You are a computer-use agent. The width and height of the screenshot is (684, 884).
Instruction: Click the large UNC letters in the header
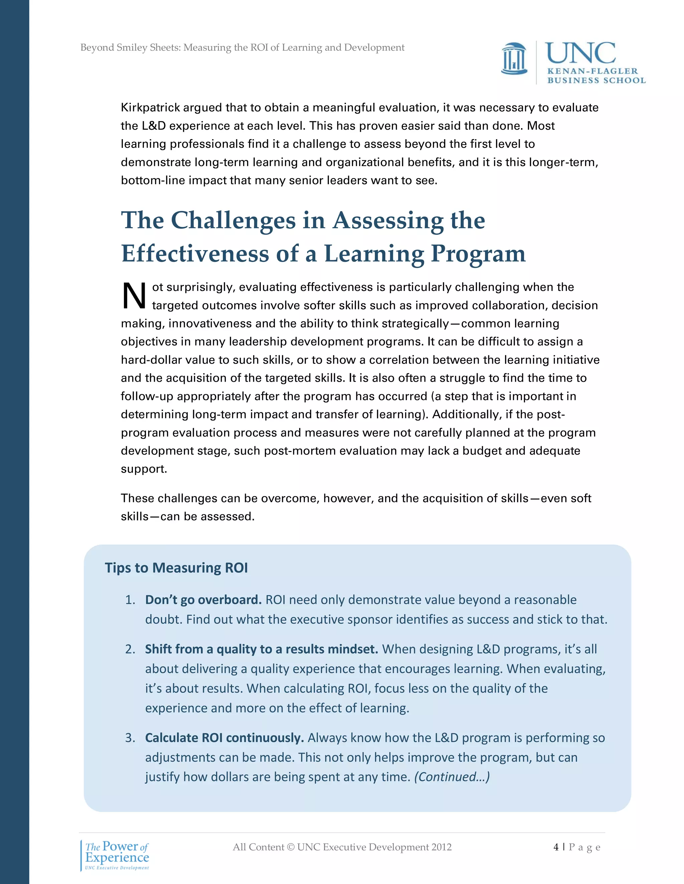(x=580, y=53)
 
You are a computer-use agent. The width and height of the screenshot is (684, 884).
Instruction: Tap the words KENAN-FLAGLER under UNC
(x=592, y=71)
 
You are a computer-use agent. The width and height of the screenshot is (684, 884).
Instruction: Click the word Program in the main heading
(x=478, y=254)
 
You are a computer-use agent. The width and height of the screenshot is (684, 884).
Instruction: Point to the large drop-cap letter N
(x=134, y=296)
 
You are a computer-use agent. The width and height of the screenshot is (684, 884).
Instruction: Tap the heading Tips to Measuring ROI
(x=176, y=567)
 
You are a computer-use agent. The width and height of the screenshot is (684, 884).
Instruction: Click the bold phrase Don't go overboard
(x=203, y=599)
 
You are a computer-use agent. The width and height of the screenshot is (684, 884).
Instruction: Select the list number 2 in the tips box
(x=130, y=649)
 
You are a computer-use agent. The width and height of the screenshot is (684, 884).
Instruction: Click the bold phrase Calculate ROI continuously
(x=224, y=738)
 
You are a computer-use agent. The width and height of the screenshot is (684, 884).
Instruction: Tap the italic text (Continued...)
(x=452, y=777)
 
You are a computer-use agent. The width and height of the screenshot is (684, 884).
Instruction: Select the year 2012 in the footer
(x=441, y=847)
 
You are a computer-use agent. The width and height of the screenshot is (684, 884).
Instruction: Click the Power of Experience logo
(x=117, y=854)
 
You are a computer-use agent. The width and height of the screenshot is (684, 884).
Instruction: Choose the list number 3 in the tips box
(x=130, y=738)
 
